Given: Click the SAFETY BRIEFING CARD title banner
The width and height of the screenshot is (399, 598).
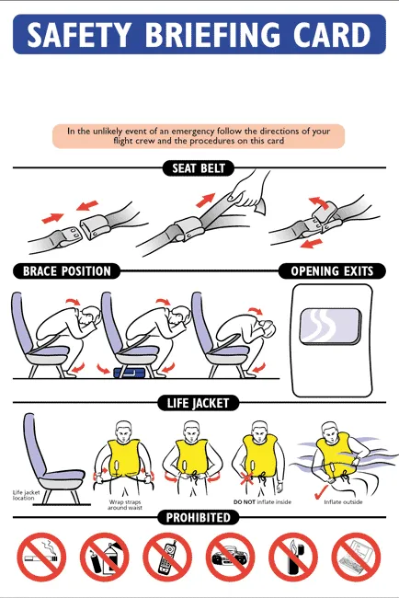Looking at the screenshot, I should pyautogui.click(x=199, y=35).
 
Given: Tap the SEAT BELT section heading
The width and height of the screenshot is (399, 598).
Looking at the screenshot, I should pyautogui.click(x=199, y=168).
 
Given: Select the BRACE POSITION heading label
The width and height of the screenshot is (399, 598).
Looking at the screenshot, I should pyautogui.click(x=66, y=271).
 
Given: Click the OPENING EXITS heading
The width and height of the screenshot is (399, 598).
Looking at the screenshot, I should pyautogui.click(x=332, y=271).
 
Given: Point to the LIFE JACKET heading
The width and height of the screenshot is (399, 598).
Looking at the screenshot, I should pyautogui.click(x=199, y=402).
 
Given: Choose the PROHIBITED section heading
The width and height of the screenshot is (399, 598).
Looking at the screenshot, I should pyautogui.click(x=199, y=518).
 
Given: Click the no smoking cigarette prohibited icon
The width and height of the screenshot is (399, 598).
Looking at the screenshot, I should pyautogui.click(x=41, y=558).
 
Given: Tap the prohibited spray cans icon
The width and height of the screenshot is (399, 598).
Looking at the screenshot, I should pyautogui.click(x=104, y=558).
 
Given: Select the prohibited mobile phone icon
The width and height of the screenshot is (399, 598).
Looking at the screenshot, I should pyautogui.click(x=167, y=558).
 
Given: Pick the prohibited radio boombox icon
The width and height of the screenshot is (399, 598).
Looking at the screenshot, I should pyautogui.click(x=230, y=558).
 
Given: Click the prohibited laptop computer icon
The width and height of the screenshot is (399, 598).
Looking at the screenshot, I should pyautogui.click(x=356, y=558).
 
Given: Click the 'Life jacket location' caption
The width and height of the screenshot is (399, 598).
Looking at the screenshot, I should pyautogui.click(x=30, y=496).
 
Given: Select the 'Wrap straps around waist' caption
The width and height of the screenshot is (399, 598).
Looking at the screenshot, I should pyautogui.click(x=129, y=505).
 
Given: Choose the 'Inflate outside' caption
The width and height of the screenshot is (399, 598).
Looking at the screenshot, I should pyautogui.click(x=342, y=502).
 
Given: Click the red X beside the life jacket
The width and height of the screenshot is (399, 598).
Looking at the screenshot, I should pyautogui.click(x=244, y=479).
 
